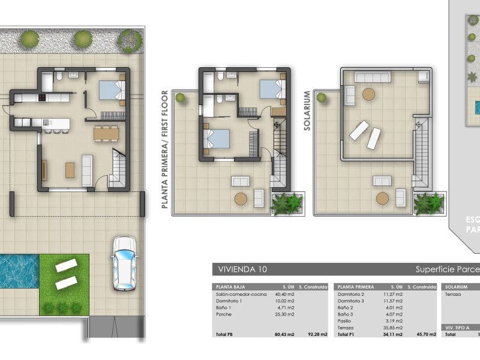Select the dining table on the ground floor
106,133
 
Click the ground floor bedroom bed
110,90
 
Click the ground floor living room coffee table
70,170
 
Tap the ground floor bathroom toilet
59,77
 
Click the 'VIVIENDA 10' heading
242,269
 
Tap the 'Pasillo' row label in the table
345,321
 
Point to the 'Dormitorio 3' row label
352,301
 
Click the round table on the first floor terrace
241,199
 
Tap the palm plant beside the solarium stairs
430,203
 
